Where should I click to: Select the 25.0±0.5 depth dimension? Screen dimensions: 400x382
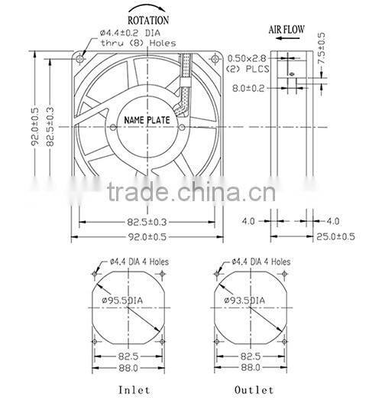pyautogui.click(x=335, y=236)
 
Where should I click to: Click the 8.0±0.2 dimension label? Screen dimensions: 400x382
pyautogui.click(x=249, y=89)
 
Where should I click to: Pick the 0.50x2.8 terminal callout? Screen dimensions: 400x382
pyautogui.click(x=248, y=58)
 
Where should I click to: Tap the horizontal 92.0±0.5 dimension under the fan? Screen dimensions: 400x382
pyautogui.click(x=148, y=236)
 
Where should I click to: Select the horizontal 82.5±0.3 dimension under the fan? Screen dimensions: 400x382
pyautogui.click(x=148, y=222)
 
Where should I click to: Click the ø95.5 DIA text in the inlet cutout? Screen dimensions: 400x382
pyautogui.click(x=122, y=301)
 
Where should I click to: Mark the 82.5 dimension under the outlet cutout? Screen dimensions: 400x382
pyautogui.click(x=251, y=356)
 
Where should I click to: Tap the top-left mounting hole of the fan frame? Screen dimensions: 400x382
pyautogui.click(x=80, y=57)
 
